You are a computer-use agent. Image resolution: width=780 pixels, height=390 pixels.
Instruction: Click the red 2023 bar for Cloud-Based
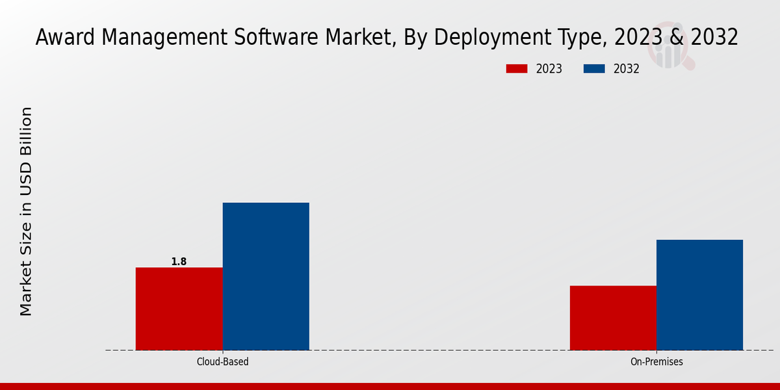click(x=179, y=309)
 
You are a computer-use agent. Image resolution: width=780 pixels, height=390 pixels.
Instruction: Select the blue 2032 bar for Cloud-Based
click(x=266, y=276)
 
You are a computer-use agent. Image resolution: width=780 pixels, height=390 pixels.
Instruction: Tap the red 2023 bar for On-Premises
click(x=613, y=318)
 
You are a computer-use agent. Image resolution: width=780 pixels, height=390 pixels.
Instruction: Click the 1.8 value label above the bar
click(x=179, y=262)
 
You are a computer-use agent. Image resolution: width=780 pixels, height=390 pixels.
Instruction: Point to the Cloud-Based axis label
click(x=222, y=361)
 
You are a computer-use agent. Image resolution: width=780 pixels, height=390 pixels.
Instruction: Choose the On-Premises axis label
click(x=656, y=361)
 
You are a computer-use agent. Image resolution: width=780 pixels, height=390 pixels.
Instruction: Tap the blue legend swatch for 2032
click(x=594, y=69)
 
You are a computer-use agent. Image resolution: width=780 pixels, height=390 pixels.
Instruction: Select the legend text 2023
click(x=549, y=69)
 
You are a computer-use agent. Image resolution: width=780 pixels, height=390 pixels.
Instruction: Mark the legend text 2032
click(x=627, y=69)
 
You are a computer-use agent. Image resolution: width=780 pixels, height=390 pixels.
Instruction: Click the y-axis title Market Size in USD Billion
click(x=26, y=211)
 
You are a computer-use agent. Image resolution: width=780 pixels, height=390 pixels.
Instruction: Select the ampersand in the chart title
click(x=676, y=38)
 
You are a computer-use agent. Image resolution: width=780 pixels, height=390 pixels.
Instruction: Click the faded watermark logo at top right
click(x=673, y=52)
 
